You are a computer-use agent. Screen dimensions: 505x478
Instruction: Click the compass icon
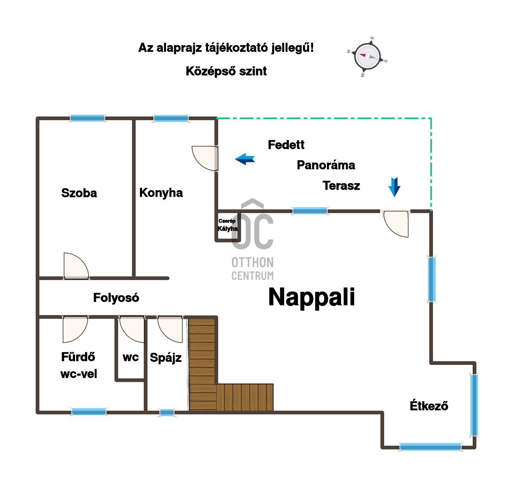point(367,57)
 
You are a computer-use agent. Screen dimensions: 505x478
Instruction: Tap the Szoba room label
point(79,193)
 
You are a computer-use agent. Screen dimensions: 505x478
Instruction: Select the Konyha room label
point(161,193)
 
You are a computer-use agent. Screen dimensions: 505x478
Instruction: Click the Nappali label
point(311,298)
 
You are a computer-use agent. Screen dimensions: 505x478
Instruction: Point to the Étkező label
point(429,406)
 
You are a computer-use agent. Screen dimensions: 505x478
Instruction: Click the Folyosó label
point(116,298)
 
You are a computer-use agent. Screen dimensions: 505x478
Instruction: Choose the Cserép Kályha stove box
point(227,226)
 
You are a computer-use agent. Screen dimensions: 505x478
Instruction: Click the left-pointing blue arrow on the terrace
point(245,159)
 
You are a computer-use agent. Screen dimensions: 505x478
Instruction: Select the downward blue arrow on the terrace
point(394,187)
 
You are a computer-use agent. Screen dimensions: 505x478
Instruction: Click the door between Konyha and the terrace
point(205,159)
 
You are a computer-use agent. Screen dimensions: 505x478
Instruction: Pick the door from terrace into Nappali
point(396,224)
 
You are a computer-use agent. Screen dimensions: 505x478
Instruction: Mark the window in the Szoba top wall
point(88,118)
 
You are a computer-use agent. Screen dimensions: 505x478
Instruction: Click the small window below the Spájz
point(167,412)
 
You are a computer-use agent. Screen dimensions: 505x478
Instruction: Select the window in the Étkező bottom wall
point(430,447)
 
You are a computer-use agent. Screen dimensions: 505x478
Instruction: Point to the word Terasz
point(341,186)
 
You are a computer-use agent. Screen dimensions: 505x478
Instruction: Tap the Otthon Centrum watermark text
point(252,269)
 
